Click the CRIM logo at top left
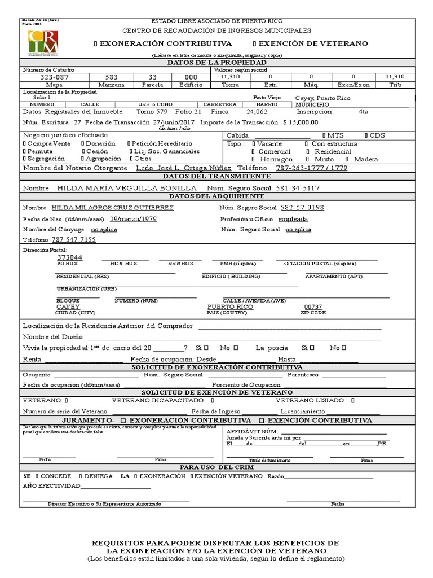(x=42, y=43)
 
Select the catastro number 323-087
(x=54, y=76)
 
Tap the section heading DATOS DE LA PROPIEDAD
(x=217, y=62)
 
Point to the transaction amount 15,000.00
(x=303, y=122)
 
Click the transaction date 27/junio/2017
(x=174, y=122)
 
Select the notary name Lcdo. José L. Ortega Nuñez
(x=184, y=168)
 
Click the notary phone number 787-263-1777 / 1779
(x=311, y=168)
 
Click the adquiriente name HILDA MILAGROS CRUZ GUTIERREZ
(x=112, y=208)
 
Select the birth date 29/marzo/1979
(x=133, y=218)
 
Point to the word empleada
(x=293, y=218)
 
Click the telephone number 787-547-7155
(x=74, y=240)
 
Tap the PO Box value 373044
(x=69, y=257)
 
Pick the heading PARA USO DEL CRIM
(x=217, y=467)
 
